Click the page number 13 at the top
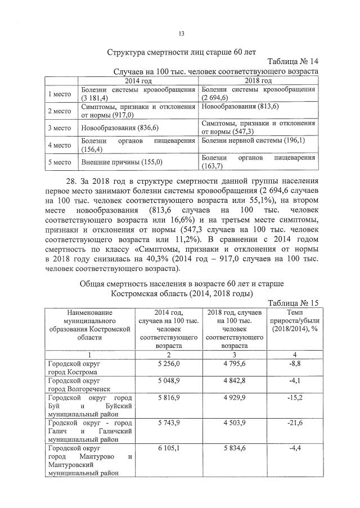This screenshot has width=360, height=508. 181,34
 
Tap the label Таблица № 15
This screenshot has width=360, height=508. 292,303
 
